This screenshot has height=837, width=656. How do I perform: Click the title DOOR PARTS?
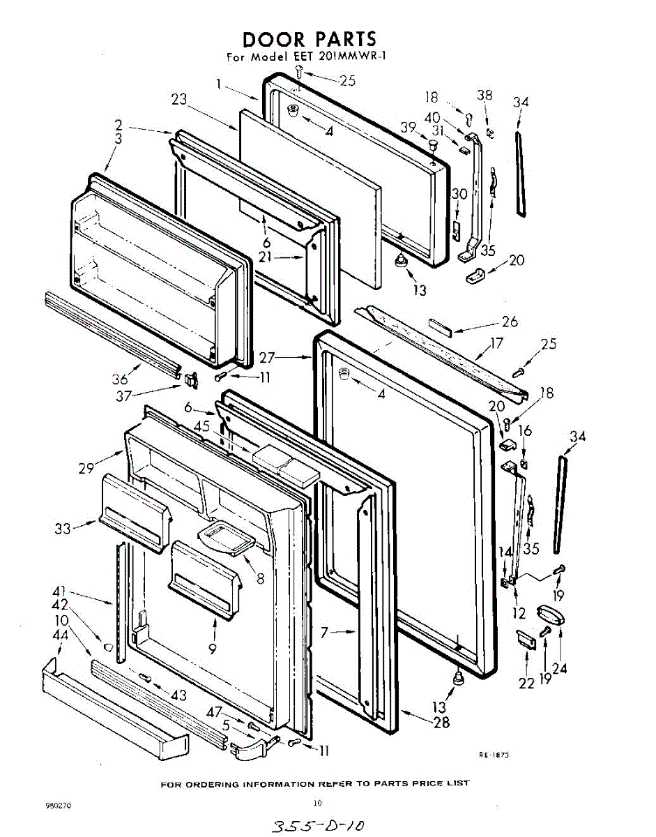[x=309, y=38]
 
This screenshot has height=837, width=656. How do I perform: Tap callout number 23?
[x=180, y=99]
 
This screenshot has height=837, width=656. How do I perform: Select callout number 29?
[x=86, y=468]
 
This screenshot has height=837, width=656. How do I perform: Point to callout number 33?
[x=63, y=529]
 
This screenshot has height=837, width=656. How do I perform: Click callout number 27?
[x=268, y=358]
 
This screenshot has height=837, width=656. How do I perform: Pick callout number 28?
[x=441, y=722]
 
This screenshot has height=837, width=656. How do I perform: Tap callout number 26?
[x=510, y=322]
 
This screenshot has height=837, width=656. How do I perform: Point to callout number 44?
[x=60, y=635]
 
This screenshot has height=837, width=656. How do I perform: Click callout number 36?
[x=121, y=379]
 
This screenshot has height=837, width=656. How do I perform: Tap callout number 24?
[x=559, y=668]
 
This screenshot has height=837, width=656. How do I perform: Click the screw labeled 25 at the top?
[x=300, y=70]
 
